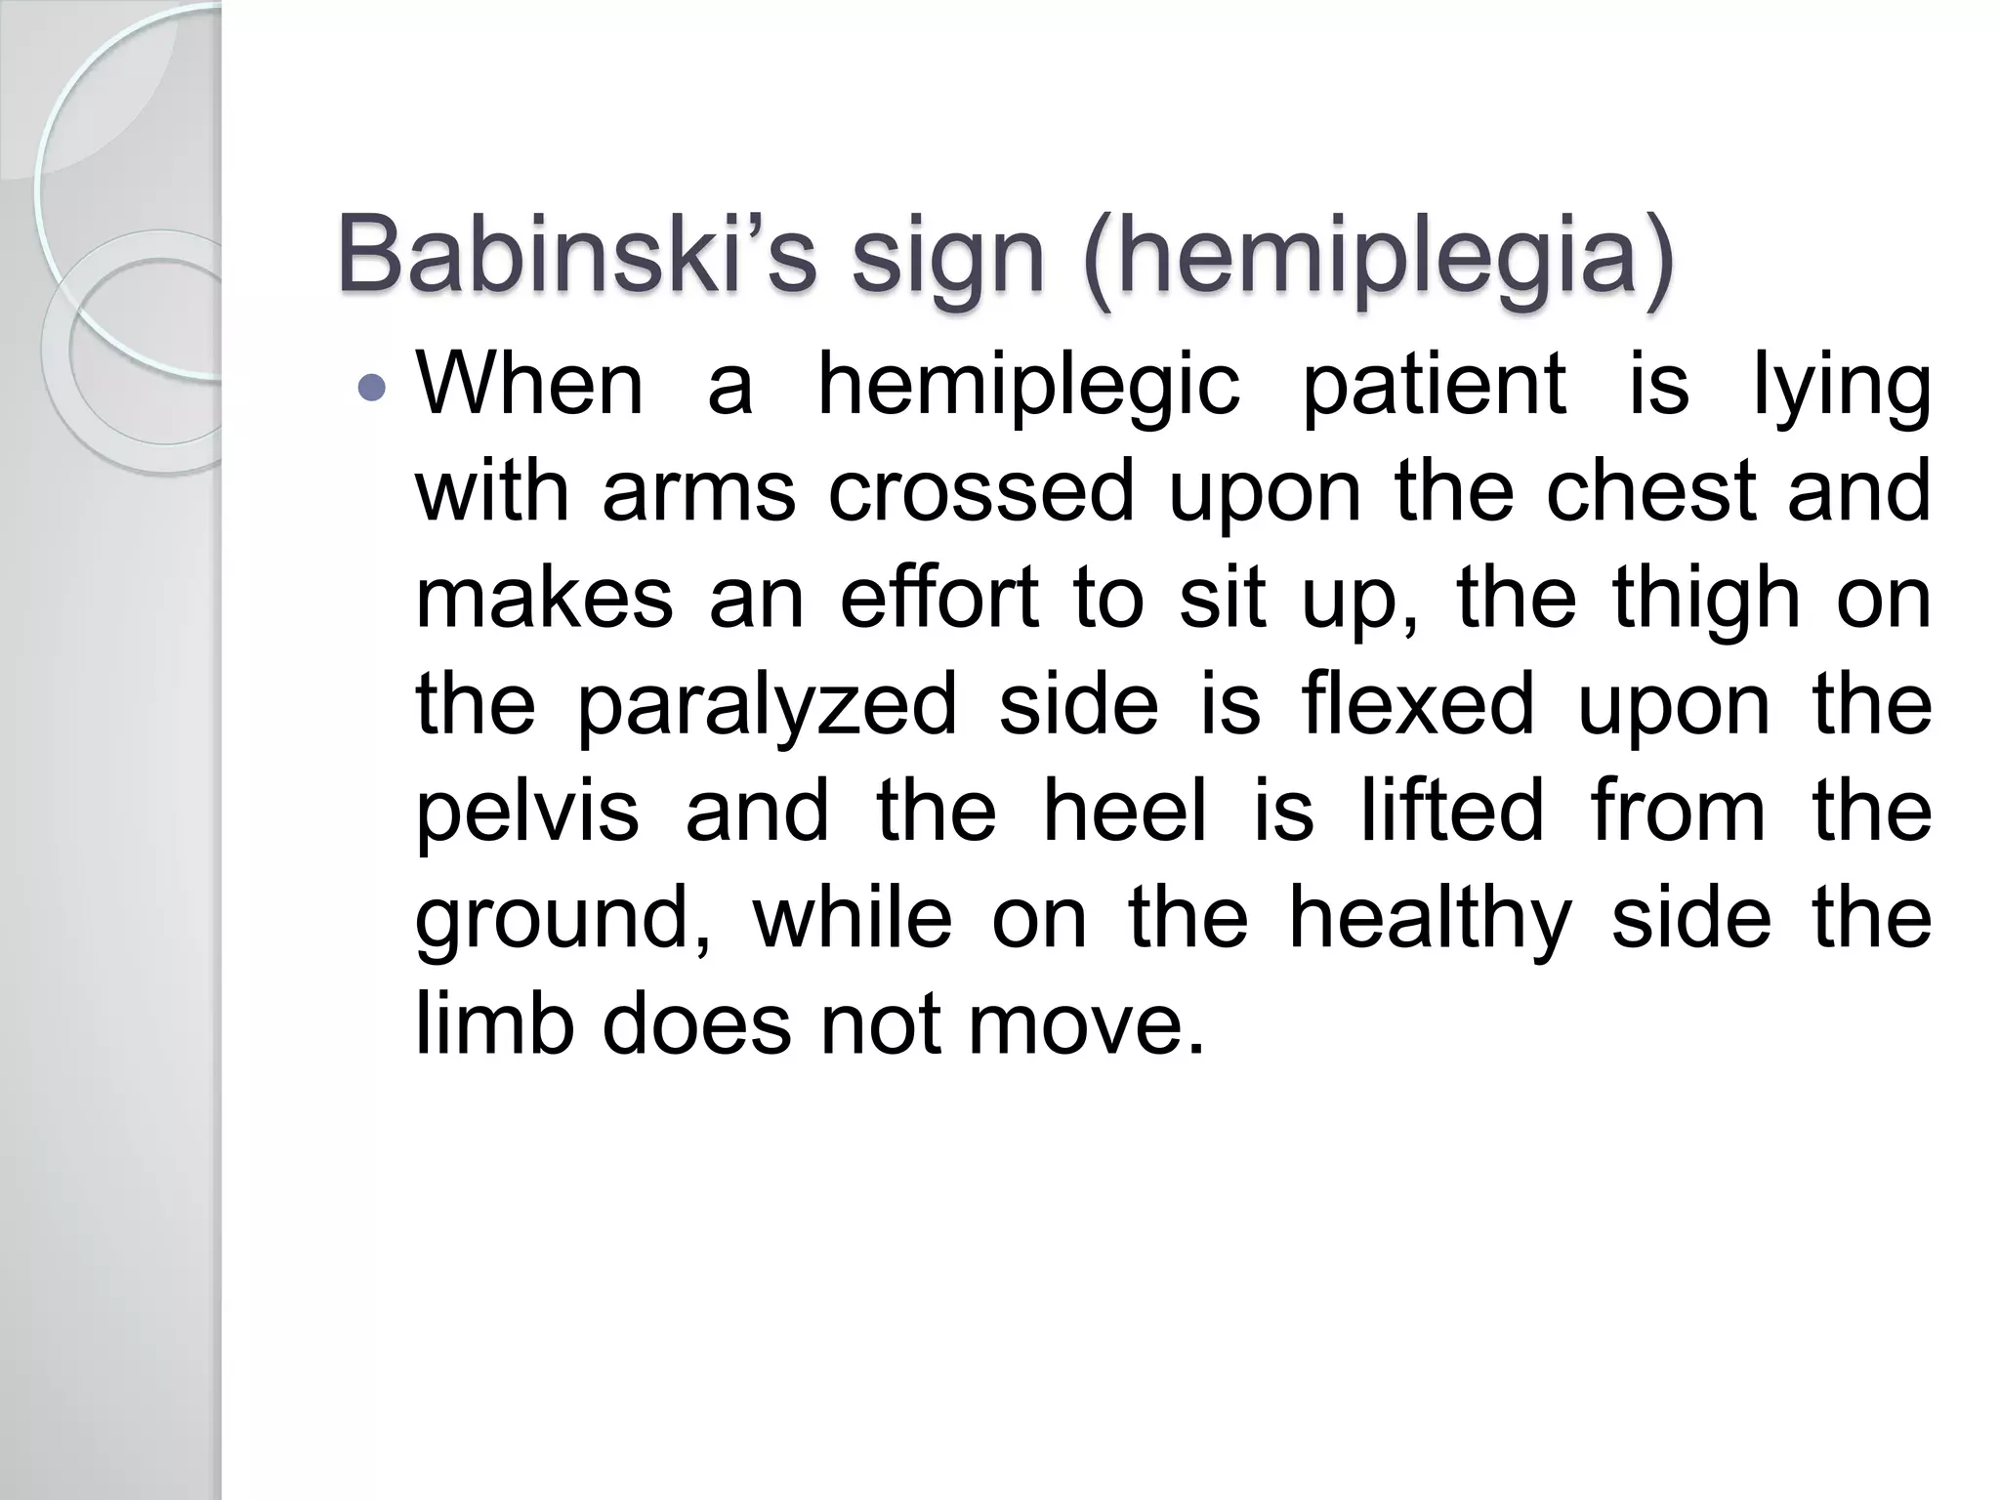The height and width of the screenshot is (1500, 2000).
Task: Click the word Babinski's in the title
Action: click(x=576, y=256)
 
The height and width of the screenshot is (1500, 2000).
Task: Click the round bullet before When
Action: click(x=372, y=389)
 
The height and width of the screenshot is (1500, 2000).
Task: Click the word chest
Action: click(x=1651, y=491)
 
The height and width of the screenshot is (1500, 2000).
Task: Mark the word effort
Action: click(x=938, y=598)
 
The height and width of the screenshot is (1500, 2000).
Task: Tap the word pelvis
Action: click(x=527, y=812)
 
